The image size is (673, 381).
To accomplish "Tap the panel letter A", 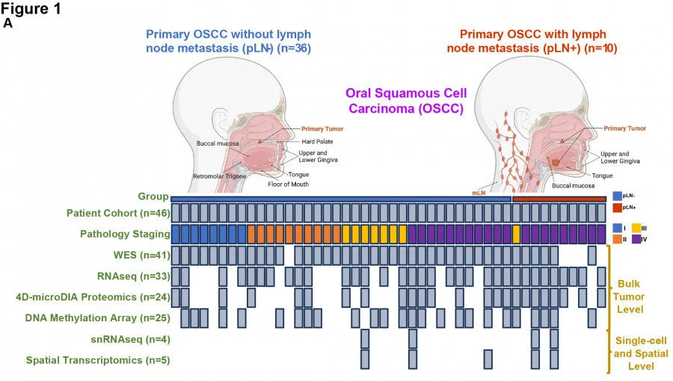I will [8, 23].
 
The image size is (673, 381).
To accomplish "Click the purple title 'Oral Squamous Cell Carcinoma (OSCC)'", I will [405, 100].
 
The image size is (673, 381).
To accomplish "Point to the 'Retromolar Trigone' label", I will [218, 176].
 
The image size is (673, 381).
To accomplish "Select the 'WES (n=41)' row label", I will [141, 255].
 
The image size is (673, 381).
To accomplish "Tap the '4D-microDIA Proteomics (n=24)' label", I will [93, 297].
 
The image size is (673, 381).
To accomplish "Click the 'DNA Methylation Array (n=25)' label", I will [97, 317].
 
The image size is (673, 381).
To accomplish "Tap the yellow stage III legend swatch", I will [637, 227].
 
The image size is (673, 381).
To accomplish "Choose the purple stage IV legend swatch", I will [637, 240].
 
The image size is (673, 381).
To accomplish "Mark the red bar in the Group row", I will [559, 199].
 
